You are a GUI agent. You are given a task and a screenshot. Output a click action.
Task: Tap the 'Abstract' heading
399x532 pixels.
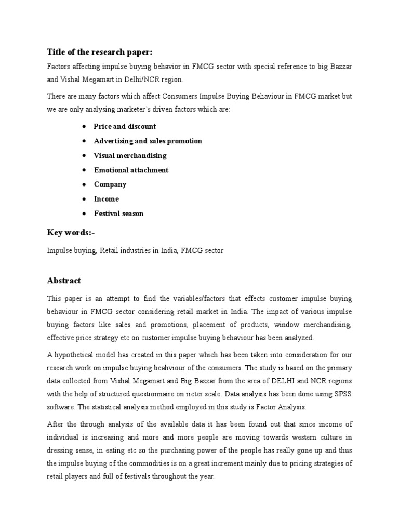pos(64,281)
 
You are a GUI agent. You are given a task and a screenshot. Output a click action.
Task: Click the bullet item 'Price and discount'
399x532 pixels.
pos(125,126)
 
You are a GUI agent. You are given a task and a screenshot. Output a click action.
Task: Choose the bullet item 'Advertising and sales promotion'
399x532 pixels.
pos(148,141)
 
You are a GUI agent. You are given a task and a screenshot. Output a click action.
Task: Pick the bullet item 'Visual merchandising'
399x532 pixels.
pos(130,155)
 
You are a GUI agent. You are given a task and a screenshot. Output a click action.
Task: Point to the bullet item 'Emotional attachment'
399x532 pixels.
pos(131,170)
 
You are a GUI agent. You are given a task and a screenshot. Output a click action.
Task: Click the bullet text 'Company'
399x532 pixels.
pos(110,184)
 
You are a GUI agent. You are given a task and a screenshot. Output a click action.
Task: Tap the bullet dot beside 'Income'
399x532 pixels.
pos(84,199)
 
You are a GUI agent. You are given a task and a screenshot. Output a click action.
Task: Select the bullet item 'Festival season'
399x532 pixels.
pos(118,214)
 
